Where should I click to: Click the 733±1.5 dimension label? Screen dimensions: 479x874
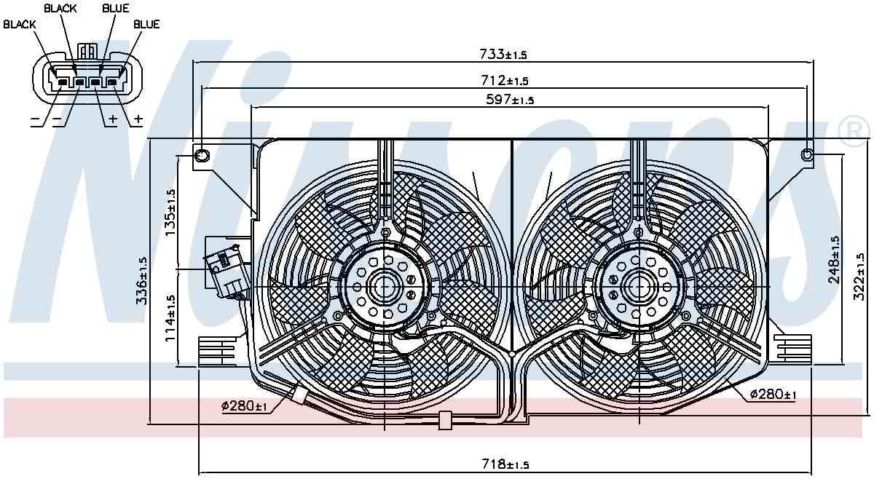point(503,54)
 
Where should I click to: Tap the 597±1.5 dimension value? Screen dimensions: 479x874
point(510,100)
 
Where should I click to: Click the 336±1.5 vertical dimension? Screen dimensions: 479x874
point(143,280)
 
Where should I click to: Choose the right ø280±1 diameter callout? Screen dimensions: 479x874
point(773,395)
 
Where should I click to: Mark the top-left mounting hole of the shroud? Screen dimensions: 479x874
point(202,154)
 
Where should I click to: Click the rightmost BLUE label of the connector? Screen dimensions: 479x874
point(146,24)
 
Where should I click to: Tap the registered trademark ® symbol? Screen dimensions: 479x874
point(854,130)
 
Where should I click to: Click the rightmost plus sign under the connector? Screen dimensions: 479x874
point(138,119)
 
